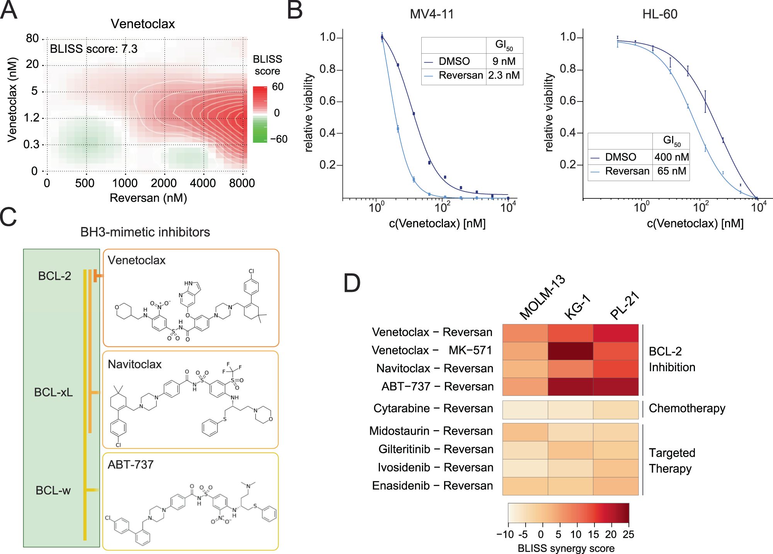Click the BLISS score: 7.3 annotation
(94, 49)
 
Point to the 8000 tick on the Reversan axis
(242, 183)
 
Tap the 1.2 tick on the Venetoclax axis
(32, 118)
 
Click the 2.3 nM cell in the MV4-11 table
(504, 75)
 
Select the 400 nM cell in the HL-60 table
(671, 157)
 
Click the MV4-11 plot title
(432, 14)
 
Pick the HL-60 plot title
(660, 14)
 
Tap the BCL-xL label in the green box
(53, 392)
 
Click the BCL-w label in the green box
(53, 490)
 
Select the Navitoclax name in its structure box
(135, 364)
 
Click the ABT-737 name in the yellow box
(131, 464)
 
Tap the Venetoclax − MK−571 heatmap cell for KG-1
(570, 351)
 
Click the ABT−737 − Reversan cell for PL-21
(616, 386)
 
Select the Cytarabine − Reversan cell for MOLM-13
(525, 410)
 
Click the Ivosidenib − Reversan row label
(436, 468)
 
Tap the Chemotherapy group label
(687, 408)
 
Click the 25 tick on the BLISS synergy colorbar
(628, 534)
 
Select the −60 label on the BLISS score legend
(279, 139)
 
